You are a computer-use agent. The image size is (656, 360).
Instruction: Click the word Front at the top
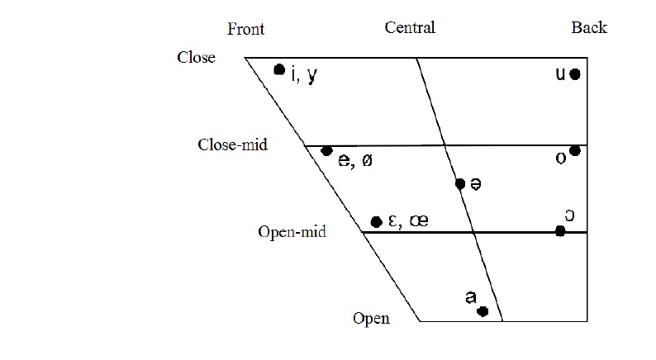coord(246,30)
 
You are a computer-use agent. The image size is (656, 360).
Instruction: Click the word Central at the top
coord(410,28)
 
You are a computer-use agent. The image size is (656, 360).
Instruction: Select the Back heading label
coord(589,28)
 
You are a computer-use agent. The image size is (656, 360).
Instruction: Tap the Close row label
coord(196,58)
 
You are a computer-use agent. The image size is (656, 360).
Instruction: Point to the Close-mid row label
coord(233,144)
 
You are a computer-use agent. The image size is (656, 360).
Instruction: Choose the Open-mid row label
coord(292,232)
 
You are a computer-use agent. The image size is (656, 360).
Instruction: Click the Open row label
coord(371,318)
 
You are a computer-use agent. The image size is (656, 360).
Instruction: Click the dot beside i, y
coord(279,69)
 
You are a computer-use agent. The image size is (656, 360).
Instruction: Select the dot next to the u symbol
coord(575,74)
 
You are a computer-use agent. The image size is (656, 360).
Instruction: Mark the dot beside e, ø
coord(326,151)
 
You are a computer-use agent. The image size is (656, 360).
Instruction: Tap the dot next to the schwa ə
coord(460,183)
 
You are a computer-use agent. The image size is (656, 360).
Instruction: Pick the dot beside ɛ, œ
coord(377,221)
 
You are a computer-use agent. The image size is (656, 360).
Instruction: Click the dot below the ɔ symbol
coord(560,231)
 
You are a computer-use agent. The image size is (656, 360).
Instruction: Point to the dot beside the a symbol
coord(482,311)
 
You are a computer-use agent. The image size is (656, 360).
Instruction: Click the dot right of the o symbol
coord(575,151)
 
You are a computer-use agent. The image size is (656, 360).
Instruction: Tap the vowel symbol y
coord(311,76)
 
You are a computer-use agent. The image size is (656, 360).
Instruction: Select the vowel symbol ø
coord(366,161)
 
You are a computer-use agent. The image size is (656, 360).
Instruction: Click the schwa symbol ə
coord(476,183)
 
